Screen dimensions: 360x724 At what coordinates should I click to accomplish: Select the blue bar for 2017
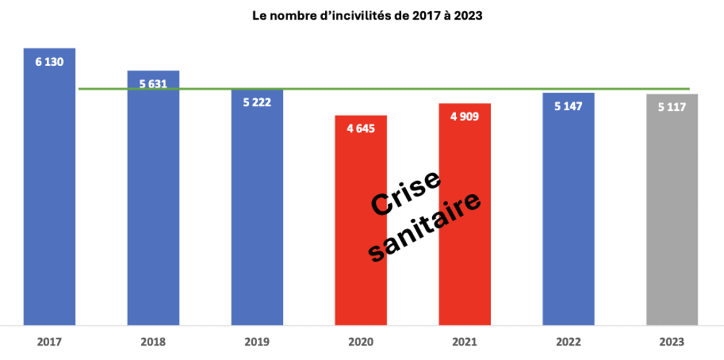tap(49, 196)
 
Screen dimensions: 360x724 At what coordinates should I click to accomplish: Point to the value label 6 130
tap(49, 62)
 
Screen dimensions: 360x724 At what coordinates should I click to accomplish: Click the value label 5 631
tap(153, 83)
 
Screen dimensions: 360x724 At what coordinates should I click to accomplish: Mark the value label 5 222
tap(257, 103)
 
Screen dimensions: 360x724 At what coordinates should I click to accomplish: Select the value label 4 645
tap(361, 130)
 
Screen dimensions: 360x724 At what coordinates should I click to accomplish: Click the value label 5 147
tap(568, 106)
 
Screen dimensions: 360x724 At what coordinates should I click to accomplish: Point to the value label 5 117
tap(672, 107)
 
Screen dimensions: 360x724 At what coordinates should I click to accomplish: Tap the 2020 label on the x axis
tap(361, 340)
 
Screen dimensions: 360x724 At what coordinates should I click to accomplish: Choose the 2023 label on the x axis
tap(672, 340)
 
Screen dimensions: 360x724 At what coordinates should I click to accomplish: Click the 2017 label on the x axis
tap(49, 340)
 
